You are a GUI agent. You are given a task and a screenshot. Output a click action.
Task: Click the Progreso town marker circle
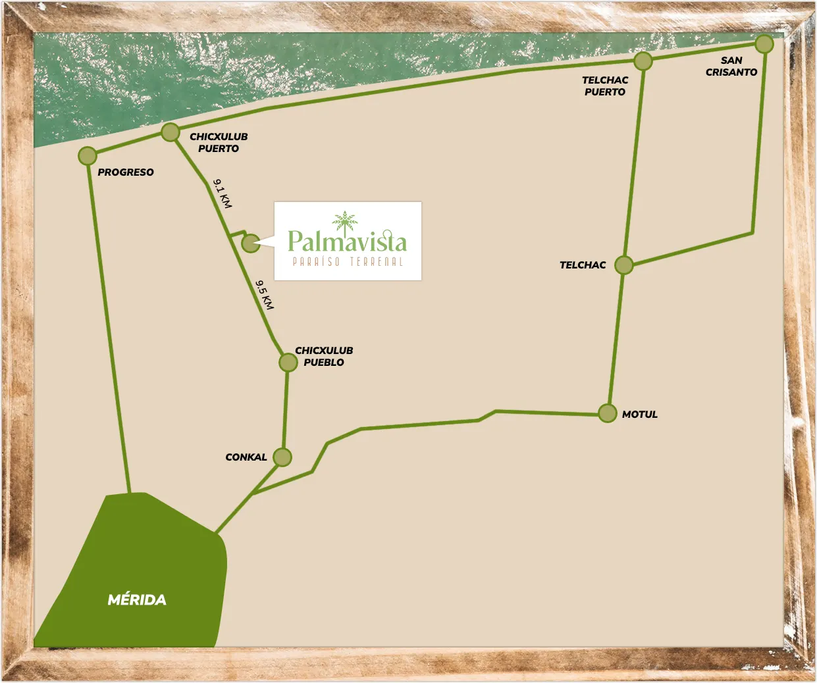[x=88, y=156]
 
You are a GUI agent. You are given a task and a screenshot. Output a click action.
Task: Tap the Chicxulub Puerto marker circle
[x=171, y=132]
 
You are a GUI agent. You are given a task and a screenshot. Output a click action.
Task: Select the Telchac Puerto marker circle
[x=643, y=61]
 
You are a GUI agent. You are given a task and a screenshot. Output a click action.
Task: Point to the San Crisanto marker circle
[x=764, y=44]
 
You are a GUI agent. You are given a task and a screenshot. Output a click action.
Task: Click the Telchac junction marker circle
[x=623, y=265]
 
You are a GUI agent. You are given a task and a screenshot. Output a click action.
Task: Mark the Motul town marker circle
[x=608, y=413]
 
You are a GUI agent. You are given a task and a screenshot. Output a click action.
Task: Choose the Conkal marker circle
[x=282, y=457]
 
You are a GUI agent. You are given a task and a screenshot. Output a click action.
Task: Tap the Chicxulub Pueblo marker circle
[x=288, y=362]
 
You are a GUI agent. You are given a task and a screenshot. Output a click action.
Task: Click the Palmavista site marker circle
[x=250, y=243]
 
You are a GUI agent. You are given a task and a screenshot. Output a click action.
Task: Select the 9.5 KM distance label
[x=265, y=295]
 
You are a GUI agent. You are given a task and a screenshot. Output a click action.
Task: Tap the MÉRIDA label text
[x=137, y=599]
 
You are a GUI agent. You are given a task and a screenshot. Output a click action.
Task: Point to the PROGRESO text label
[x=126, y=172]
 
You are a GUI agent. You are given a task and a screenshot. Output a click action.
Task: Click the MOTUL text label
[x=639, y=415]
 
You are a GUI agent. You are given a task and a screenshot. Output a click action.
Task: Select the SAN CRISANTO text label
[x=731, y=66]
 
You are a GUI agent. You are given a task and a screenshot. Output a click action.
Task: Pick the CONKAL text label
[x=246, y=457]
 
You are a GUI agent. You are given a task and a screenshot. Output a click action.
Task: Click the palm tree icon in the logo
[x=345, y=222]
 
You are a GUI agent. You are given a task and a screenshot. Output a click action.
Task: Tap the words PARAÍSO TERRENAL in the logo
[x=348, y=262]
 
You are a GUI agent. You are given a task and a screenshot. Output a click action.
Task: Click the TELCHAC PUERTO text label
[x=604, y=86]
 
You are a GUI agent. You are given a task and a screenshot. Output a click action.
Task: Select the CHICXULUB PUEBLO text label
[x=324, y=357]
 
